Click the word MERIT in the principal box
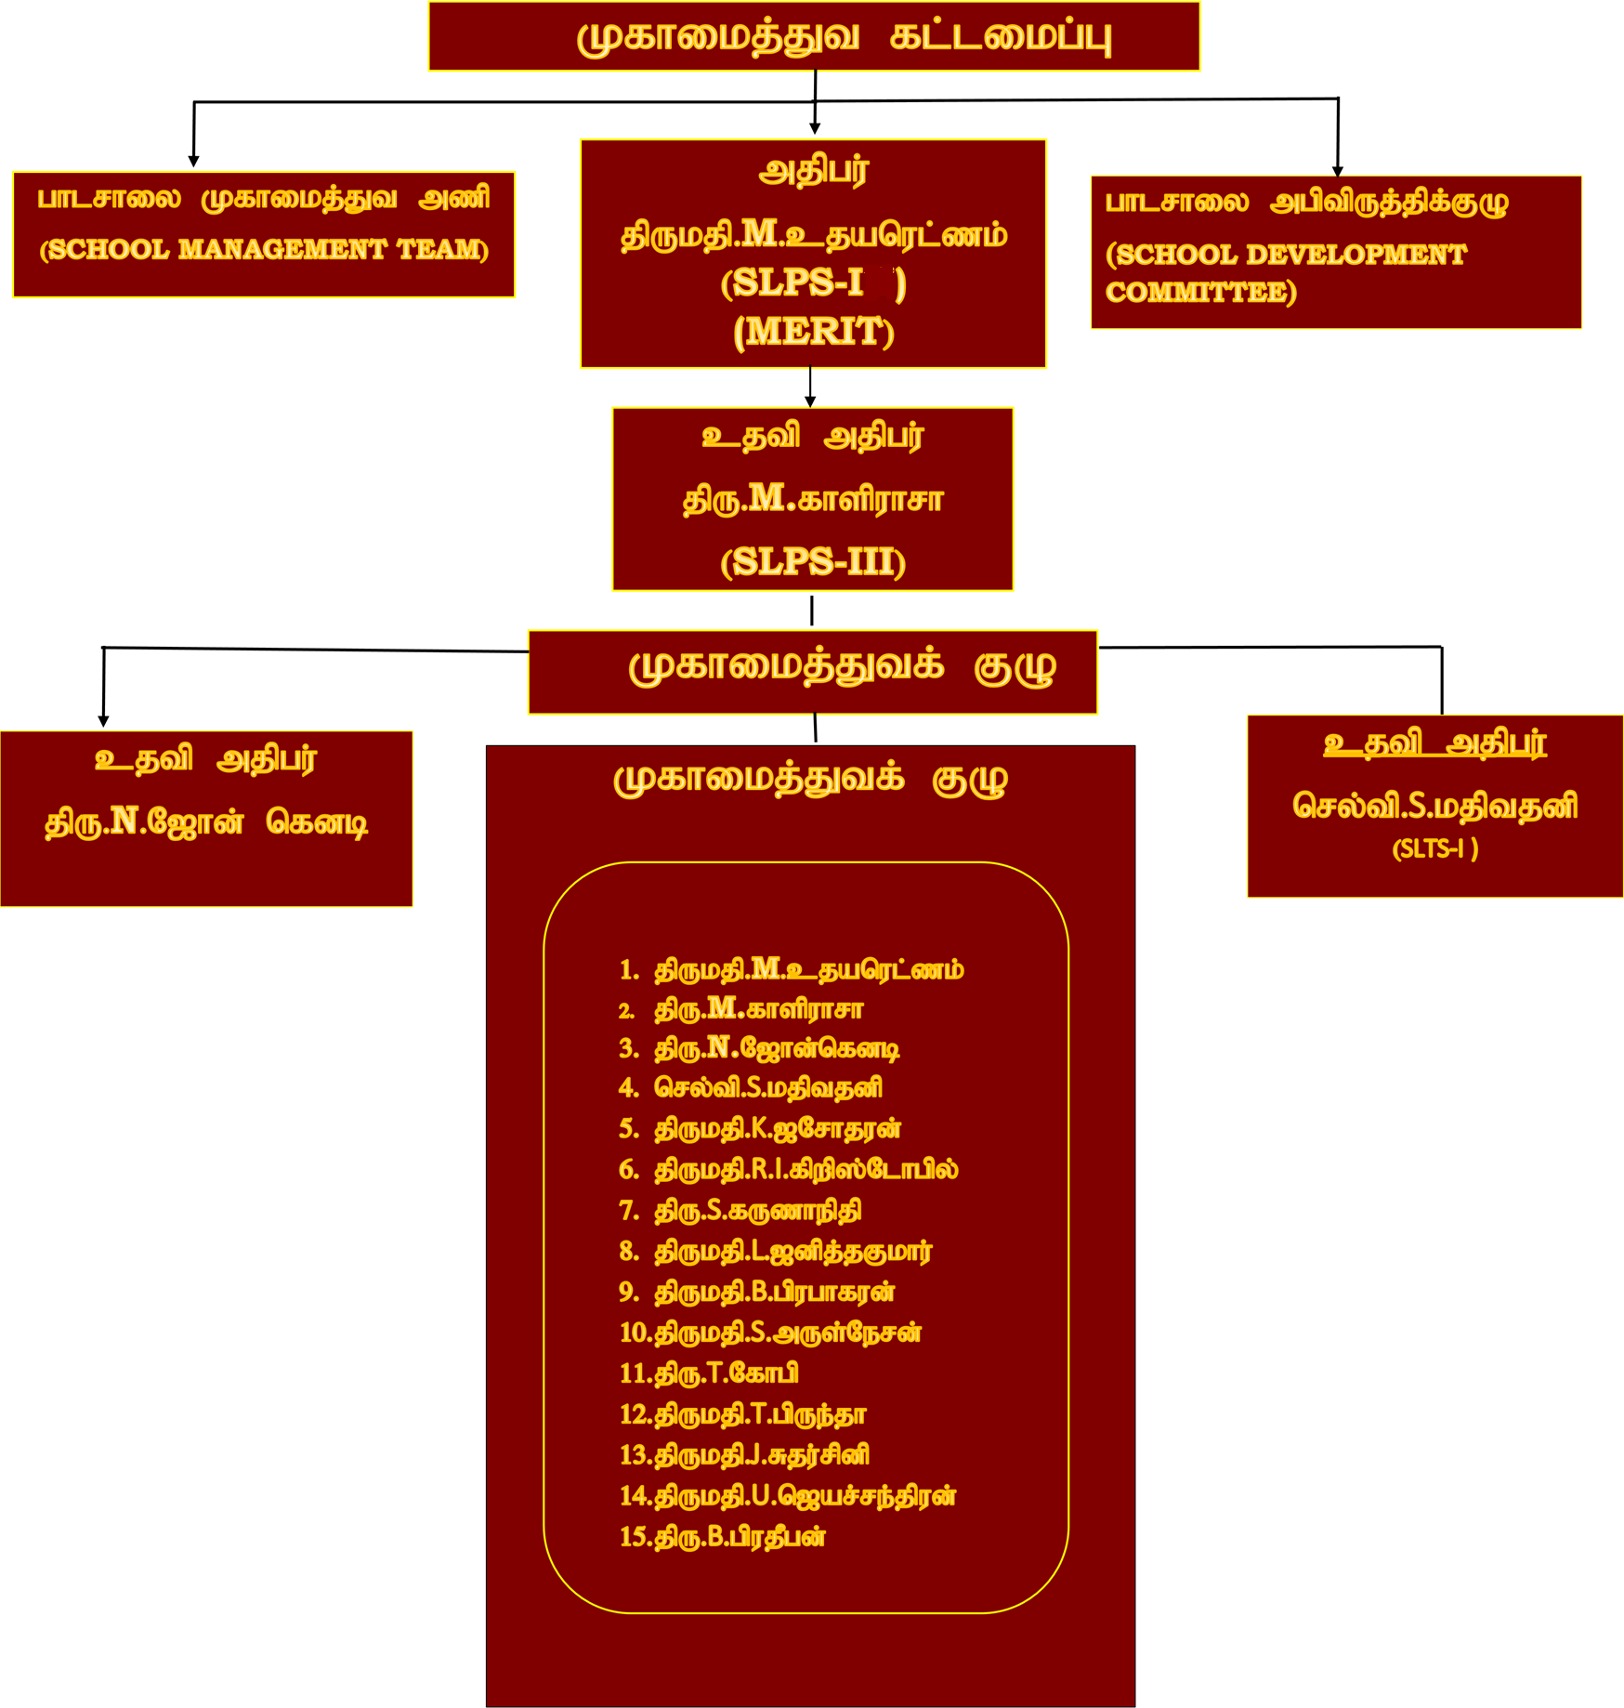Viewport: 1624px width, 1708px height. [813, 332]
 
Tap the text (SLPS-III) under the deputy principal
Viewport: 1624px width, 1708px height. [813, 561]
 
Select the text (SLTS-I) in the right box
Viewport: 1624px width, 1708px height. [1434, 848]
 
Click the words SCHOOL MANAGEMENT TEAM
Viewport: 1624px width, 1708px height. [264, 249]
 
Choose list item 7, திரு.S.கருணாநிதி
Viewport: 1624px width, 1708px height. [757, 1210]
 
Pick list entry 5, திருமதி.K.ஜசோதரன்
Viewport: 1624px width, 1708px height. [778, 1128]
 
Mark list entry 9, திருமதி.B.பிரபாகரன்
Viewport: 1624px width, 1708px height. [775, 1291]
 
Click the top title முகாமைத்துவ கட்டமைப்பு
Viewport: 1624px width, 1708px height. [844, 37]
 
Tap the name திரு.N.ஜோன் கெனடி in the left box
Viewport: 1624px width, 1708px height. [206, 821]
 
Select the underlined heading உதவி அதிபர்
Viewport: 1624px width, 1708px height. [1434, 743]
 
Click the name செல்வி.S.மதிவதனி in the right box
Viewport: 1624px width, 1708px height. [1434, 805]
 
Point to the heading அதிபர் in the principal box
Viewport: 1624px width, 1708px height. [813, 171]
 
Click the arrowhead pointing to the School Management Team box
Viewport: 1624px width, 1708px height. [193, 162]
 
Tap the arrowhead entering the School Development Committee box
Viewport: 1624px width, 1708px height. [1338, 171]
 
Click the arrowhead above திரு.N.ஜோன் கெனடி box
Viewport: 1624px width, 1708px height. [103, 721]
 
